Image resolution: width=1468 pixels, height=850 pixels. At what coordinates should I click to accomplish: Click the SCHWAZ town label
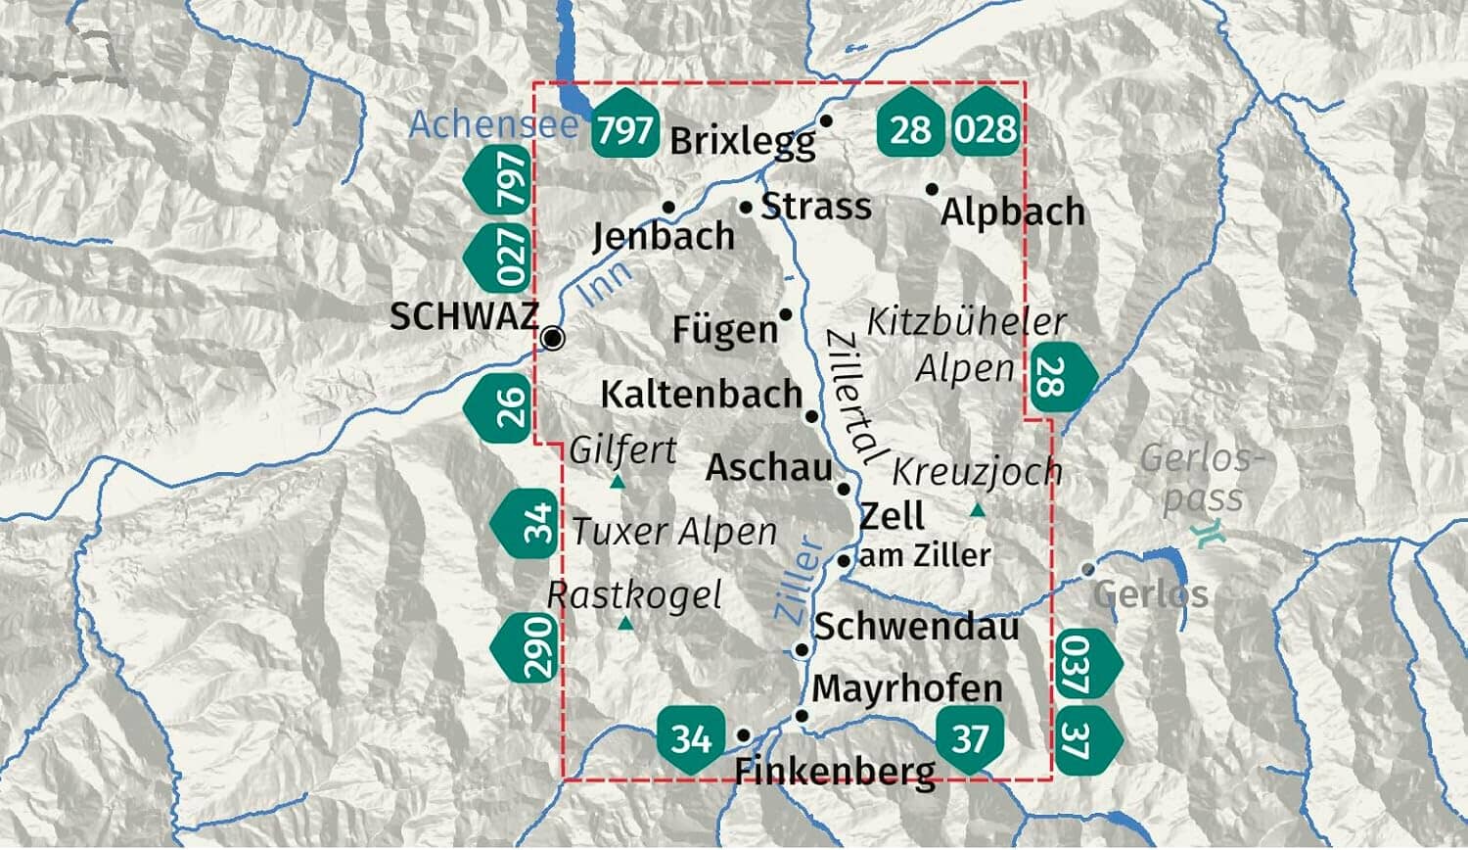coord(464,316)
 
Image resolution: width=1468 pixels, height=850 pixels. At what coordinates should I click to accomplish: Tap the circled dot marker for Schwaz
coord(554,339)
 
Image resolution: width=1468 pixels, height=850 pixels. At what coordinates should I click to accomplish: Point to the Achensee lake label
coord(493,125)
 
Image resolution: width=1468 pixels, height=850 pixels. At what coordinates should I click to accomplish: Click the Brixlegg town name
coord(743,141)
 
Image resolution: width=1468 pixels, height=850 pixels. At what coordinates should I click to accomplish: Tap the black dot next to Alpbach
coord(932,189)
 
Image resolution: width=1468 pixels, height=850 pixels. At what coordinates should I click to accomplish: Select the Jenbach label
coord(664,236)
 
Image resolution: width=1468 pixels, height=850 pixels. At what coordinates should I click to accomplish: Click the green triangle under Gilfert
coord(618,482)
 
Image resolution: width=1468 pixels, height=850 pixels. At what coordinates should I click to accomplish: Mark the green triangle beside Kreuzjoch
coord(977,510)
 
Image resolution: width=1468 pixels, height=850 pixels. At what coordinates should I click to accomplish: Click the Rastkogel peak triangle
coord(625,623)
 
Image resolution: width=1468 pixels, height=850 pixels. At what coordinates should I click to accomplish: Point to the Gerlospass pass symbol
coord(1212,534)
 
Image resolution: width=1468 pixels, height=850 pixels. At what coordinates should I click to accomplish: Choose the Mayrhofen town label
coord(907,688)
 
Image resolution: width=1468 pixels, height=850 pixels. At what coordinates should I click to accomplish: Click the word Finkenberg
coord(835,772)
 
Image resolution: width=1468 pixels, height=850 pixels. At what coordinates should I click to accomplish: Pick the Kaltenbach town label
coord(701,395)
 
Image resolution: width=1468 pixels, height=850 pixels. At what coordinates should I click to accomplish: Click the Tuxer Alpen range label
coord(674,532)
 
